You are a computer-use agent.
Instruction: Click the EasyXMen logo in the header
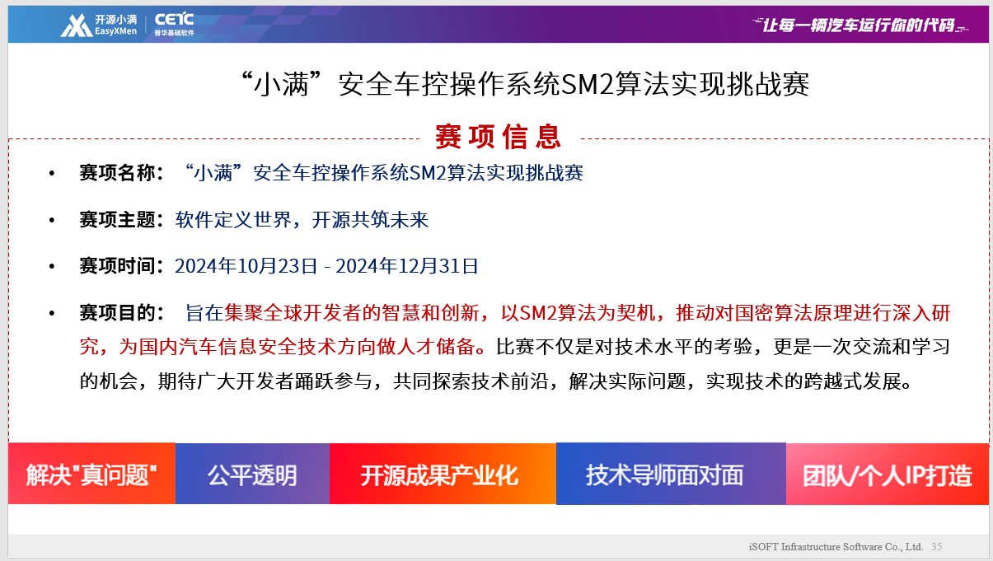[99, 25]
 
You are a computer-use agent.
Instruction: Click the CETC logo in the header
[174, 25]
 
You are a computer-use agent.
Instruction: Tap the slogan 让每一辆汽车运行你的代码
[860, 26]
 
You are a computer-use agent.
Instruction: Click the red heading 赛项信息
[499, 137]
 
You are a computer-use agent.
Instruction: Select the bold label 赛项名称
[117, 173]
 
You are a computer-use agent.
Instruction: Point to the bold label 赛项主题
[117, 220]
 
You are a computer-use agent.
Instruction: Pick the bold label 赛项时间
[117, 266]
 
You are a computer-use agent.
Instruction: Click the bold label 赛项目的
[117, 313]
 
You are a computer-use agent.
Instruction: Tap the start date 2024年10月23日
[246, 266]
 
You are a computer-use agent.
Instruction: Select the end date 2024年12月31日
[407, 266]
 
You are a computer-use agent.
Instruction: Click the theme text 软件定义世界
[233, 220]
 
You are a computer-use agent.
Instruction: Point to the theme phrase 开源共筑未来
[370, 220]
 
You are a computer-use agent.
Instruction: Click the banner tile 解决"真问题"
[91, 474]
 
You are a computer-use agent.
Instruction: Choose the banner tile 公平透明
[253, 474]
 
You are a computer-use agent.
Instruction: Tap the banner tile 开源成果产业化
[443, 474]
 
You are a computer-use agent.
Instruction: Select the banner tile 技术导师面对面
[671, 474]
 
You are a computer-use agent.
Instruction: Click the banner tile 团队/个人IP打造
[888, 474]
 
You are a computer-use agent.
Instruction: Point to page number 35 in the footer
[937, 547]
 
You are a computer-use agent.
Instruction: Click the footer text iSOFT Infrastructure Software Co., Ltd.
[836, 547]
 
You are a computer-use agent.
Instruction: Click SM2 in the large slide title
[588, 84]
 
